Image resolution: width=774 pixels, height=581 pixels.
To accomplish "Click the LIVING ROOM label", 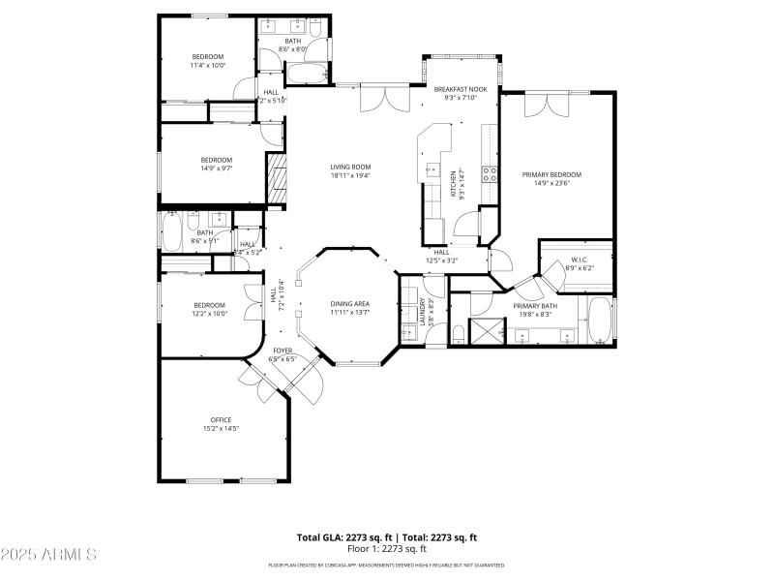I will tap(350, 167).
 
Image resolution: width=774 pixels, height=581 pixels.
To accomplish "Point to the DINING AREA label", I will tap(349, 304).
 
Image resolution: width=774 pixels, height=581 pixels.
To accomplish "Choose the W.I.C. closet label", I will tap(580, 260).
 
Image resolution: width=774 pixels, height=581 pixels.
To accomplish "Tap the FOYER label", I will tap(283, 351).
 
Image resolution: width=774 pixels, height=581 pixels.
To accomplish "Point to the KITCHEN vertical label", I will tap(455, 184).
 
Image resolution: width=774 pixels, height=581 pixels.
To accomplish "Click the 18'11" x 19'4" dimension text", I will tap(350, 175).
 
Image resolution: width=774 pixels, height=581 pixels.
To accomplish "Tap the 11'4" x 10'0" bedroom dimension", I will tap(208, 66).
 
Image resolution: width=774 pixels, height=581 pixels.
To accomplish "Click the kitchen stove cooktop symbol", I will tap(491, 174).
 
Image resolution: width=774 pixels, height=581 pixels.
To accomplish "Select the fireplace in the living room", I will tap(278, 182).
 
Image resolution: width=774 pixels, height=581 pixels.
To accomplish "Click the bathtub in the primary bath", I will tap(600, 321).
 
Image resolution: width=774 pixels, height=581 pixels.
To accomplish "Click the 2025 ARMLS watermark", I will tap(48, 555).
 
